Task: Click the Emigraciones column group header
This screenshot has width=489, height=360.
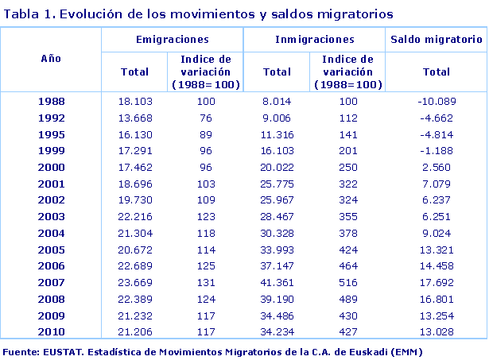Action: (x=172, y=39)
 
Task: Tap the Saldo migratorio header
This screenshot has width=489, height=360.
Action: (x=436, y=39)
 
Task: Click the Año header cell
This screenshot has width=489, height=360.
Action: (x=51, y=58)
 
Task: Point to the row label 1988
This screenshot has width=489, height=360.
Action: (x=51, y=102)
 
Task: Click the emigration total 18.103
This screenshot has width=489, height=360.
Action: (x=134, y=102)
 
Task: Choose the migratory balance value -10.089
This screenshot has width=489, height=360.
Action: (x=437, y=102)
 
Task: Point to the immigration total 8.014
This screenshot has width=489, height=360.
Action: (x=277, y=102)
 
